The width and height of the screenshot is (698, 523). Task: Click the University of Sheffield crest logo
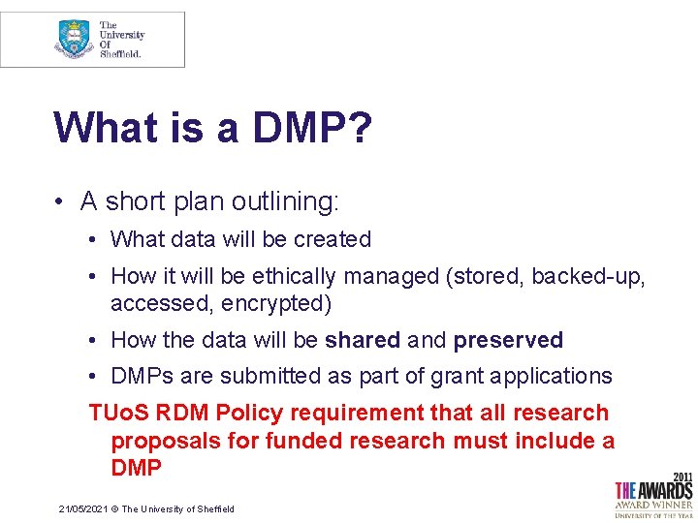click(75, 39)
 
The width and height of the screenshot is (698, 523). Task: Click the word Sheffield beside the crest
click(121, 54)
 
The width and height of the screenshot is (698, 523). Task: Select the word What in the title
click(106, 128)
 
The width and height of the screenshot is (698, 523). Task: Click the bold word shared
click(362, 341)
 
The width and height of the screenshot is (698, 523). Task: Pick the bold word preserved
click(508, 341)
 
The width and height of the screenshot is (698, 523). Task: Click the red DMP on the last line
click(136, 468)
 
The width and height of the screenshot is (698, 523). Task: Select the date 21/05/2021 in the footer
click(82, 509)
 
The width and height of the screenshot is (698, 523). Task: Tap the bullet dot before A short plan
click(60, 201)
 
